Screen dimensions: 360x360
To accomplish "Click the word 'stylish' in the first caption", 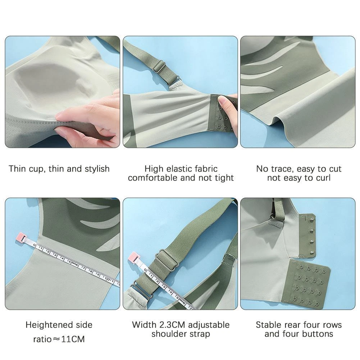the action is tap(97, 169).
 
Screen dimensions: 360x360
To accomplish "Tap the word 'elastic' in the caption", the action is tap(179, 169).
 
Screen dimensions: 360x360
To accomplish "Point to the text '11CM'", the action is tap(73, 339).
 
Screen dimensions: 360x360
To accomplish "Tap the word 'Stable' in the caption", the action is tap(268, 325).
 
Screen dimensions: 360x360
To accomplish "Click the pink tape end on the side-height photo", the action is tap(21, 237).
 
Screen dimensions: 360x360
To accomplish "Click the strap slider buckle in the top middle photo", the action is tap(158, 67).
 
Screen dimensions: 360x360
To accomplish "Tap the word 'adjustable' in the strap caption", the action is tap(209, 325).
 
